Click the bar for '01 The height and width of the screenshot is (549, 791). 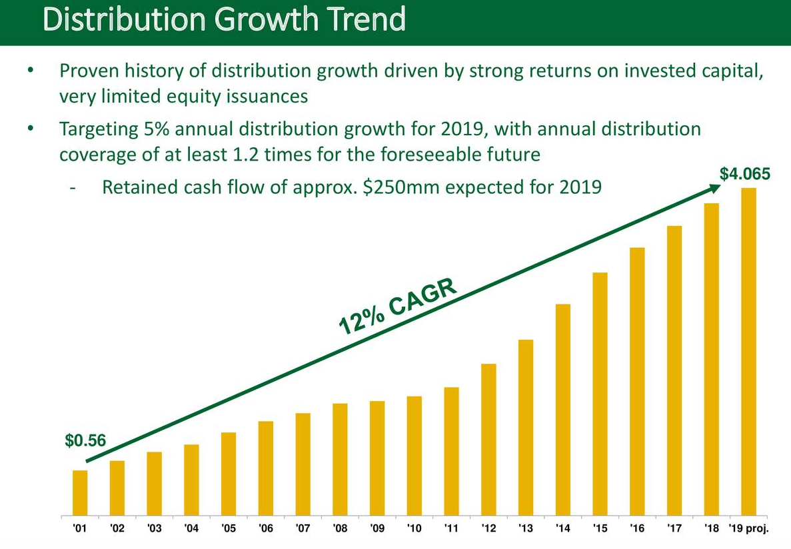point(80,493)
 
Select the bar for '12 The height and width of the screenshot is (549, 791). point(488,440)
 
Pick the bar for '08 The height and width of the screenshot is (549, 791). point(340,460)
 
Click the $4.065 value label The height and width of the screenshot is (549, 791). point(745,175)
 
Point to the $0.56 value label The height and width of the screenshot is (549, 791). point(85,440)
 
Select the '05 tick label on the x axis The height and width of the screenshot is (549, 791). point(229,529)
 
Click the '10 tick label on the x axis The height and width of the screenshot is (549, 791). point(414,529)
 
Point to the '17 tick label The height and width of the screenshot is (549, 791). point(674,529)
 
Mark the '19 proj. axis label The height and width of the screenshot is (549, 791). point(749,529)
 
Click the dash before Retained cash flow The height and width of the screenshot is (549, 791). point(73,187)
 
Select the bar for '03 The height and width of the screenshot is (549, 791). point(155,484)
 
